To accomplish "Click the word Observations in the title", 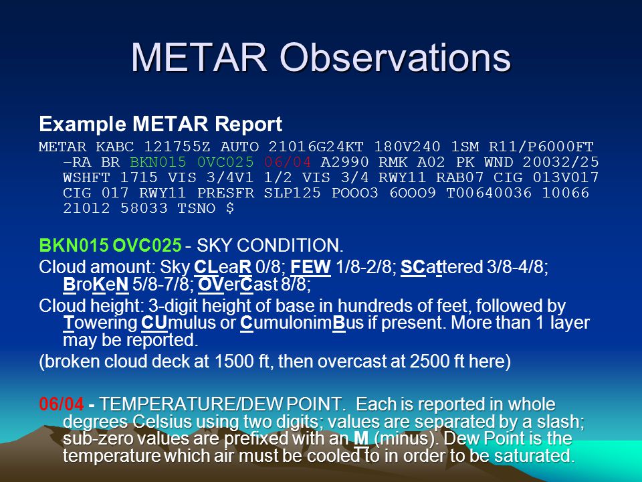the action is [x=395, y=57].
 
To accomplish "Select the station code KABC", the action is [x=114, y=147].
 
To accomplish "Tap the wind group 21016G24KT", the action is [x=316, y=147].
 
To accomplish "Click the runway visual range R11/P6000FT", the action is [x=541, y=147].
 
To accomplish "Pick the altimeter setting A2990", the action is [x=345, y=162].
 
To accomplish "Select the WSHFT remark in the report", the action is [x=87, y=178].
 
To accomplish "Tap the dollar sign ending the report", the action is [x=230, y=208].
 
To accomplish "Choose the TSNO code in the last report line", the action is [x=197, y=208].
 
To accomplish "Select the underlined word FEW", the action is [x=310, y=267].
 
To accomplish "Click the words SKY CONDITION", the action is [x=270, y=246].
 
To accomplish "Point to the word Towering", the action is [x=100, y=323].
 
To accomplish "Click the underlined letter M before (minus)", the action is [x=362, y=438].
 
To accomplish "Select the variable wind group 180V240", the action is [x=407, y=147].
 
